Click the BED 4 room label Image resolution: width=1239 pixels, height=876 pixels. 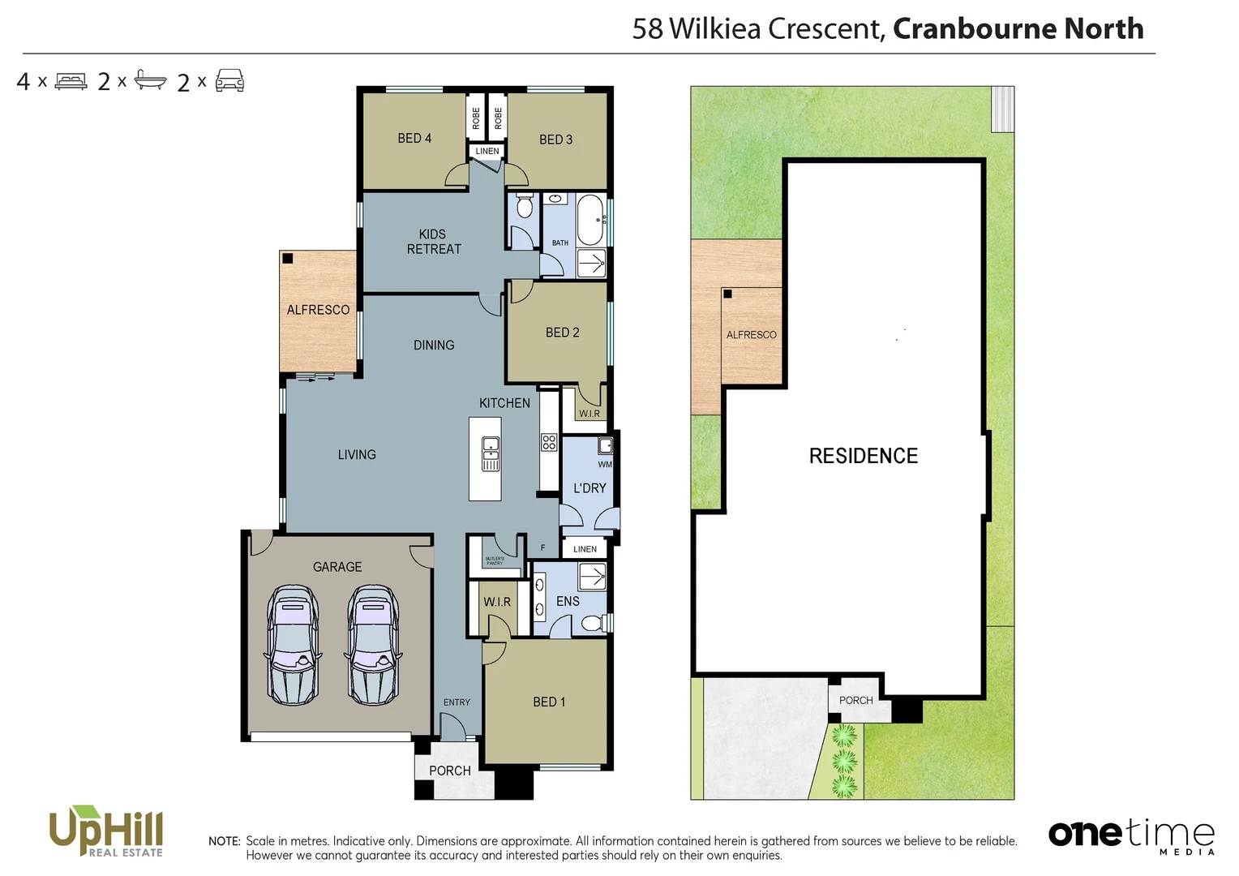pyautogui.click(x=414, y=139)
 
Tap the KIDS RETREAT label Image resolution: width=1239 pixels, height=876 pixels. pyautogui.click(x=433, y=242)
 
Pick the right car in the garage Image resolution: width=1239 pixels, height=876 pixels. pyautogui.click(x=374, y=645)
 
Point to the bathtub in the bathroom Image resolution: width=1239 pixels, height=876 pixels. pyautogui.click(x=590, y=220)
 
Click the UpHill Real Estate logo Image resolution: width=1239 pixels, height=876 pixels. pyautogui.click(x=106, y=831)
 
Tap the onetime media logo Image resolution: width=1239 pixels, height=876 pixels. pyautogui.click(x=1131, y=835)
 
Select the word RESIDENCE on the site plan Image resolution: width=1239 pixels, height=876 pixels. pyautogui.click(x=863, y=456)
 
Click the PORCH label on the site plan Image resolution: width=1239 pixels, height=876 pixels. pyautogui.click(x=855, y=700)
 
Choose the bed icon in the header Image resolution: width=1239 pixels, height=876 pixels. pyautogui.click(x=71, y=81)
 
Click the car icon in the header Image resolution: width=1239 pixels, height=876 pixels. pyautogui.click(x=229, y=81)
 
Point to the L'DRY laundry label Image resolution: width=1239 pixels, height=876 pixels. pyautogui.click(x=589, y=488)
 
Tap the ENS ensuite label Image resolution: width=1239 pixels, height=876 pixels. pyautogui.click(x=568, y=601)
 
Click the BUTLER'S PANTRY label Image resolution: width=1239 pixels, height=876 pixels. pyautogui.click(x=495, y=560)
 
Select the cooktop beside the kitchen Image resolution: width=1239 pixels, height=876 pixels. pyautogui.click(x=549, y=442)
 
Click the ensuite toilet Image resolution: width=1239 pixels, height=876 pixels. pyautogui.click(x=594, y=623)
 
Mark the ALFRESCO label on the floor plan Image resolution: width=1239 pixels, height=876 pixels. pyautogui.click(x=318, y=310)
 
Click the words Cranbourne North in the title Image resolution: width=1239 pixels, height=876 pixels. pyautogui.click(x=1018, y=28)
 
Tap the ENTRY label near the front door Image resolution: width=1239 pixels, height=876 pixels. pyautogui.click(x=457, y=702)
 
